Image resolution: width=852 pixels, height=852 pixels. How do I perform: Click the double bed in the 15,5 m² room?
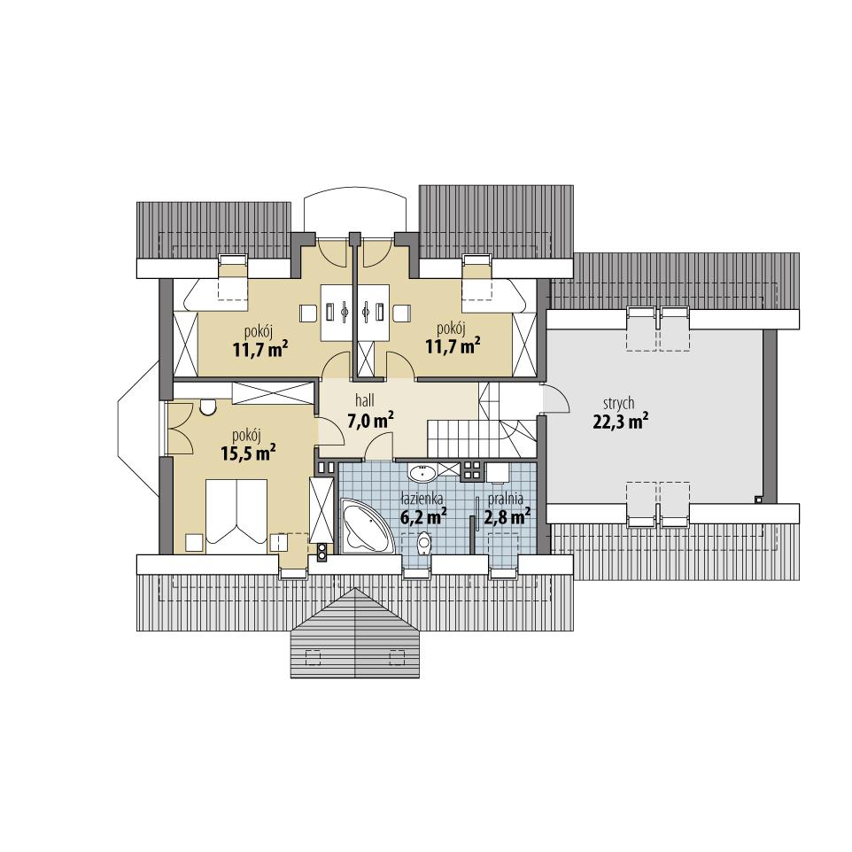pos(236,512)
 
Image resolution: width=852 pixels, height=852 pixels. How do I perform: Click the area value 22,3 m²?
pos(619,422)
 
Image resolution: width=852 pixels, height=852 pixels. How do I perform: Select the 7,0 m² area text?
pos(370,421)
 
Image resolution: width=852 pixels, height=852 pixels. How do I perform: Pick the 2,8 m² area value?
pos(507,515)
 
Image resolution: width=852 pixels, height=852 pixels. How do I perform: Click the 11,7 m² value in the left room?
pos(259,348)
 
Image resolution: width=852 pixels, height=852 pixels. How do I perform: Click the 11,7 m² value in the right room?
pos(453,345)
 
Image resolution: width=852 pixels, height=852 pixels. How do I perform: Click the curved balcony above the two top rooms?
pos(355,208)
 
